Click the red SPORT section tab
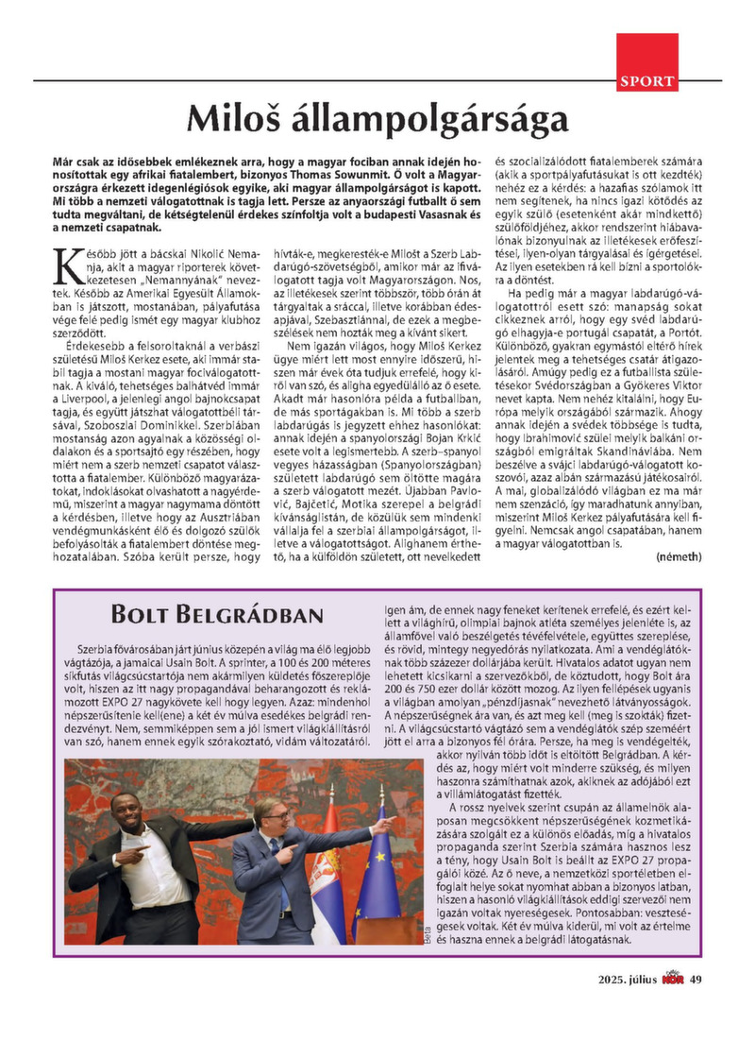(x=647, y=81)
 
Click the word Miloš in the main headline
(x=232, y=121)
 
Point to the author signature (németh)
(x=678, y=557)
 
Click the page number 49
(x=696, y=979)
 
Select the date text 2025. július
(x=627, y=979)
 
